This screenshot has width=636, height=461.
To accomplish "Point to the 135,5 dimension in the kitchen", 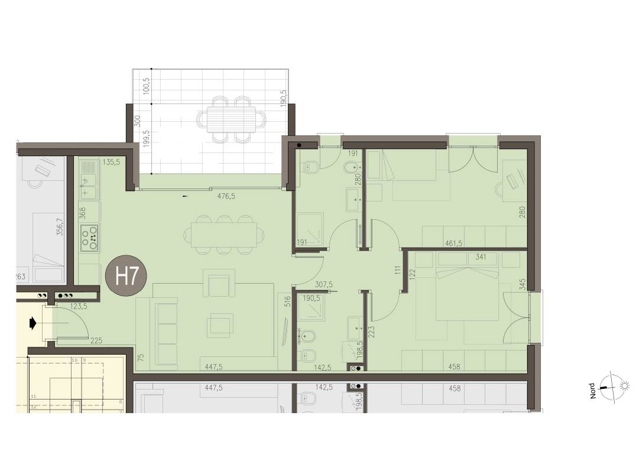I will tap(111, 161).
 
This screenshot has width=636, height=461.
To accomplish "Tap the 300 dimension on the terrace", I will tap(137, 121).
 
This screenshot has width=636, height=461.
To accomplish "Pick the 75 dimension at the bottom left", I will tap(141, 356).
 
